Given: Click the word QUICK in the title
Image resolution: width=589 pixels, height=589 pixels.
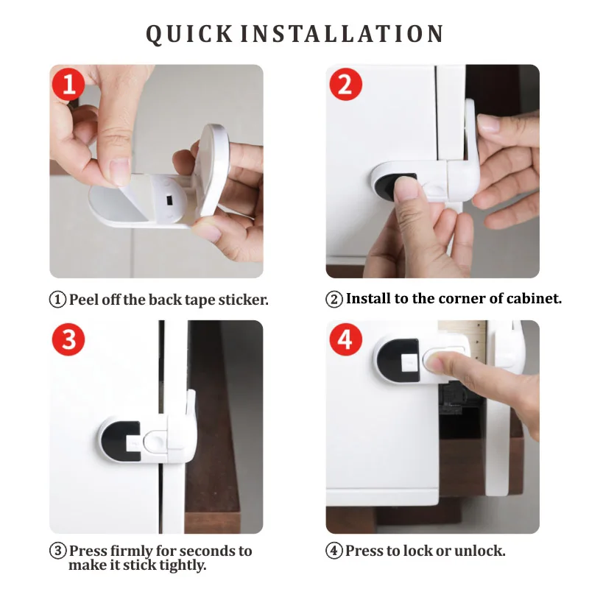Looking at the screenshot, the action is click(x=189, y=35).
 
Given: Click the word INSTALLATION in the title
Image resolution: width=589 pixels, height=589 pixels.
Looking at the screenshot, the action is click(x=342, y=34).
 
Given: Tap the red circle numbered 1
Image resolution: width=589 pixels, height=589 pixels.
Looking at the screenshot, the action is click(x=68, y=84).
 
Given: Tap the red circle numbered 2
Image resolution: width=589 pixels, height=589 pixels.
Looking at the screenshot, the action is click(x=345, y=84).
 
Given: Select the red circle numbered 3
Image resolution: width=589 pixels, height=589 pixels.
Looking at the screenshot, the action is click(x=68, y=339).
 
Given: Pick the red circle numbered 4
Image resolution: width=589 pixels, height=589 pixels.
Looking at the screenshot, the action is click(x=345, y=339).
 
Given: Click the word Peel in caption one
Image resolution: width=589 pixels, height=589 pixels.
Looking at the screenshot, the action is click(x=84, y=300).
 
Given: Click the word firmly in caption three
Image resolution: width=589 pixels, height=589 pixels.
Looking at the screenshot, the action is click(x=132, y=551).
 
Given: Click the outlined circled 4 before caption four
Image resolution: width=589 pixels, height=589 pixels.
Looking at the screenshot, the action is click(x=334, y=551).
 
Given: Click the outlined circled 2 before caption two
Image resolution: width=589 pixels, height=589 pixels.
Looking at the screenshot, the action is click(x=334, y=300).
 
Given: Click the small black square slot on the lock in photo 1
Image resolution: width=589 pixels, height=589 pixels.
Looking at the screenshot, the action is click(x=169, y=198).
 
